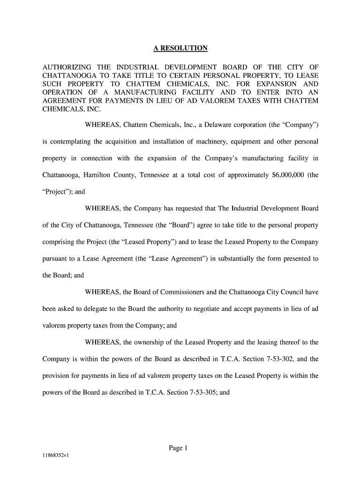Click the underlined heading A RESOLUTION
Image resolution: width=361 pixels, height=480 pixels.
tap(180, 48)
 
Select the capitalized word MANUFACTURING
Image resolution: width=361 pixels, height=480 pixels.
tap(135, 92)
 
